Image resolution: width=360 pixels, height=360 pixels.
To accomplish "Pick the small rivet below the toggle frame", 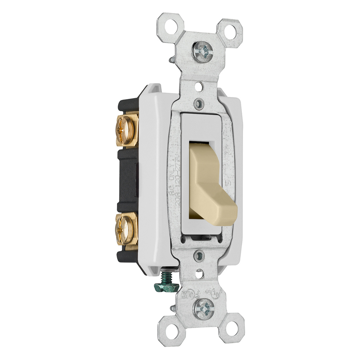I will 199,255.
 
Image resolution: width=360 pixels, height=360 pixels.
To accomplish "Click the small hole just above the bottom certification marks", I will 199,272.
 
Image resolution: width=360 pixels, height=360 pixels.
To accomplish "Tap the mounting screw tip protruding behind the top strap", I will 172,60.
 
